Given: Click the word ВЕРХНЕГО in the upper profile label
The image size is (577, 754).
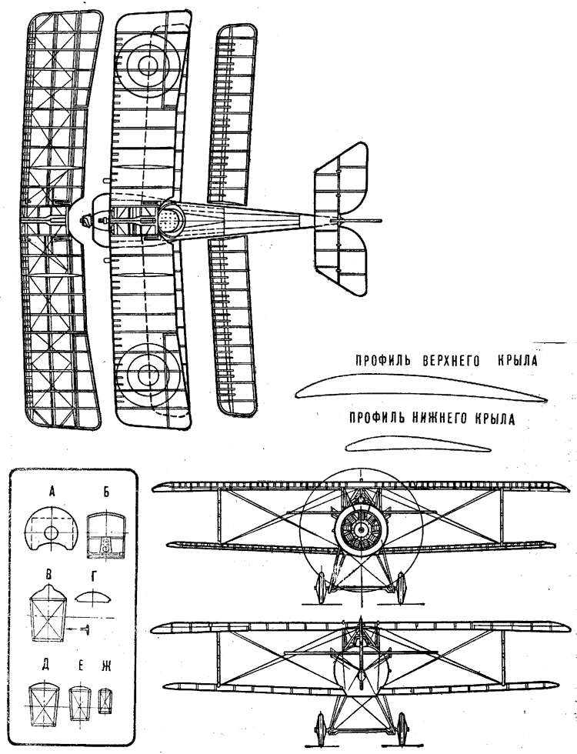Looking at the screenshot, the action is pyautogui.click(x=451, y=361).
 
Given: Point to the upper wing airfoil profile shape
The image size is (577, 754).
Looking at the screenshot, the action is pyautogui.click(x=422, y=388).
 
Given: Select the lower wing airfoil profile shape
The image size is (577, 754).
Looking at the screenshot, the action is pyautogui.click(x=419, y=444).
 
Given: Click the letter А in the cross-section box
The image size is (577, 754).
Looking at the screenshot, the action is pyautogui.click(x=52, y=491).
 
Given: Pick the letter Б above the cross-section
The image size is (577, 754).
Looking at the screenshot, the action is pyautogui.click(x=106, y=491).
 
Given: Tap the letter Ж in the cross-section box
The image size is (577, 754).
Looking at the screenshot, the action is pyautogui.click(x=106, y=667).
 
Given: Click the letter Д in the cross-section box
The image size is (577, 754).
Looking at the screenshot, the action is pyautogui.click(x=45, y=668).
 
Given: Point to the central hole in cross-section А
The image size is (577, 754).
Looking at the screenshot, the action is pyautogui.click(x=51, y=532).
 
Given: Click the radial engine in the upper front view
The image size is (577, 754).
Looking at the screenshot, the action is pyautogui.click(x=360, y=530).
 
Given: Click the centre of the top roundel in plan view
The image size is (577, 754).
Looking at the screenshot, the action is pyautogui.click(x=148, y=64).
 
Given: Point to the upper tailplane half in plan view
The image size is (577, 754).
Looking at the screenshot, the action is pyautogui.click(x=340, y=178).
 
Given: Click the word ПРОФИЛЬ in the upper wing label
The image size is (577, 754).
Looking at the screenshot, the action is pyautogui.click(x=383, y=361).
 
